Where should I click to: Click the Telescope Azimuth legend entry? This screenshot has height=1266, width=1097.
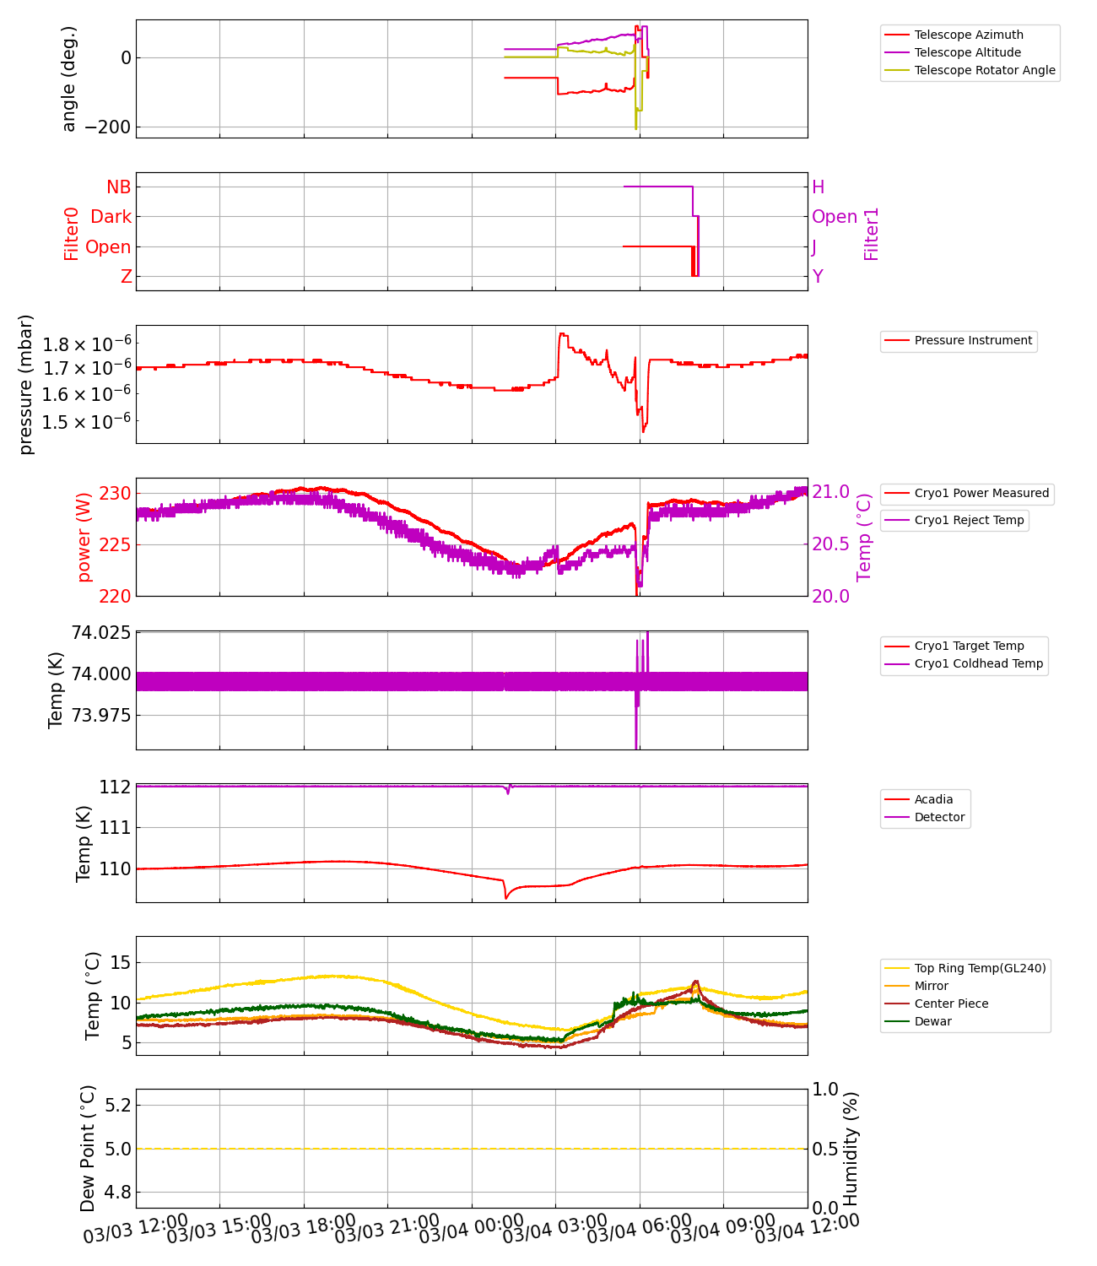pos(968,35)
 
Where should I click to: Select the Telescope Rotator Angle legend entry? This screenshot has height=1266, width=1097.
pos(984,70)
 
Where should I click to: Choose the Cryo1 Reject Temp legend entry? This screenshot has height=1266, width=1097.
pos(969,520)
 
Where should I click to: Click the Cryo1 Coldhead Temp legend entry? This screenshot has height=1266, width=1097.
pos(978,663)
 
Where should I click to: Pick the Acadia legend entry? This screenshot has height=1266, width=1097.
pos(932,799)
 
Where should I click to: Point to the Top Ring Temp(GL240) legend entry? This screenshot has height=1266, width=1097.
pos(979,968)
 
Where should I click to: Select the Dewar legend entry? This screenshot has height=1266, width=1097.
pos(932,1021)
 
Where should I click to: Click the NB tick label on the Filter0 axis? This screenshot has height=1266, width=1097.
pos(118,187)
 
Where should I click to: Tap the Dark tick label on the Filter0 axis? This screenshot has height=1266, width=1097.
pos(111,217)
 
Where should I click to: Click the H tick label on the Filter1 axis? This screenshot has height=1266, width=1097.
pos(818,187)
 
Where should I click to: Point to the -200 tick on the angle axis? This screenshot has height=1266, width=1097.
pos(102,127)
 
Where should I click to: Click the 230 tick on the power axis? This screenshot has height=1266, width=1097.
pos(115,493)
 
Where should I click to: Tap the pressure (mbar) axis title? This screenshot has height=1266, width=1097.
pos(26,384)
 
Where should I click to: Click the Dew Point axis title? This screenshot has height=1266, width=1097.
pos(88,1149)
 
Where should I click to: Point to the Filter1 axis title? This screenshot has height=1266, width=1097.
pos(871,234)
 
